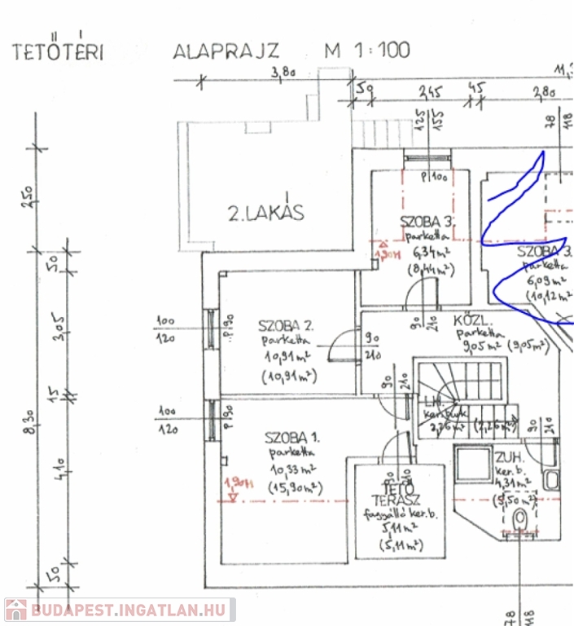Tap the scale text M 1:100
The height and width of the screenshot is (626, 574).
pyautogui.click(x=367, y=51)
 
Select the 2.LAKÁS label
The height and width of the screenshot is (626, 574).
pyautogui.click(x=265, y=214)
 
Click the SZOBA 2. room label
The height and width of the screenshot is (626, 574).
pyautogui.click(x=287, y=324)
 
